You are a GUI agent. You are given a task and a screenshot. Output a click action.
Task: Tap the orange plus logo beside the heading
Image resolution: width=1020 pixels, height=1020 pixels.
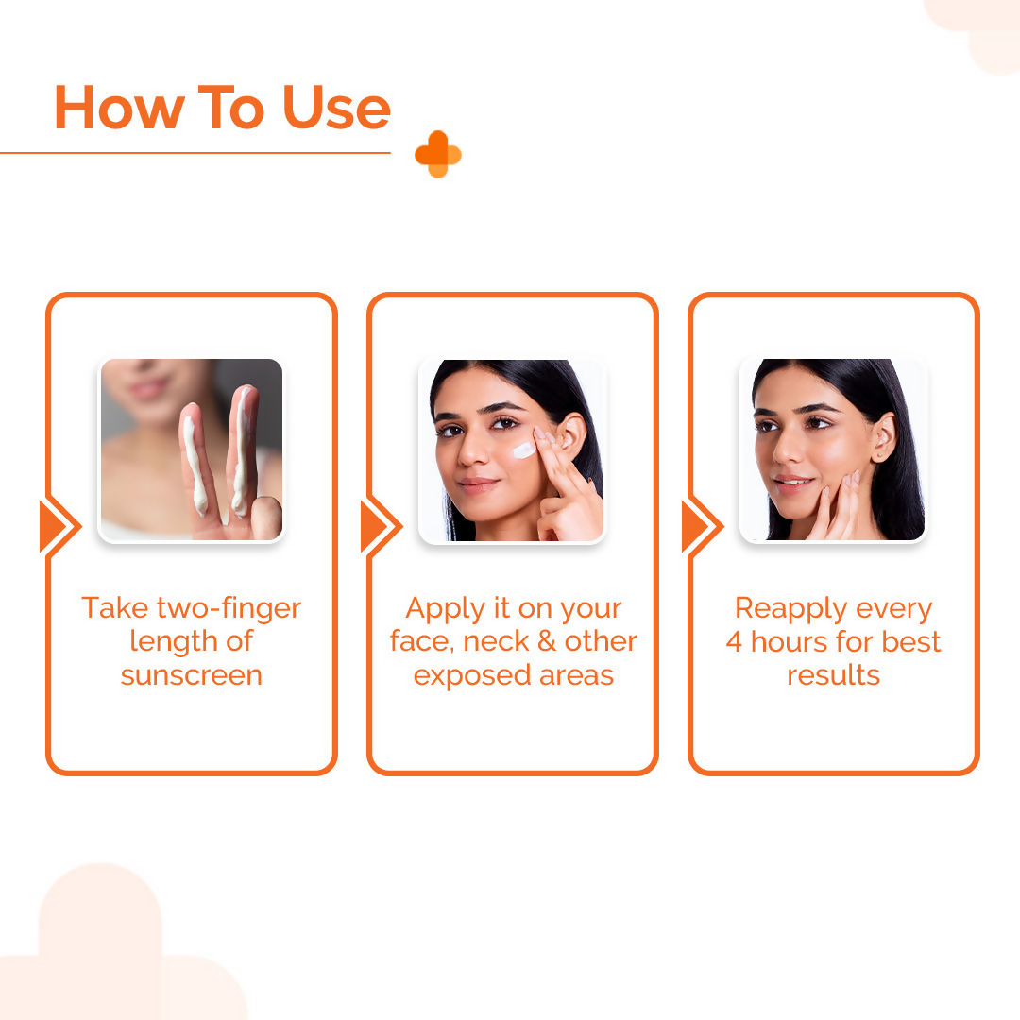point(438,154)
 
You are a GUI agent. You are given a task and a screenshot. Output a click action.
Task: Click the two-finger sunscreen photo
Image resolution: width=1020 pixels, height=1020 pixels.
point(192,450)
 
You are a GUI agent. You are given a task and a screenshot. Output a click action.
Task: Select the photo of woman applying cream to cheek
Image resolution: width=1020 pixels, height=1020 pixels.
point(512,450)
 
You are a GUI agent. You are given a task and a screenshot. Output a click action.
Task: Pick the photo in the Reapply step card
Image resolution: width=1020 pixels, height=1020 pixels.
point(833,450)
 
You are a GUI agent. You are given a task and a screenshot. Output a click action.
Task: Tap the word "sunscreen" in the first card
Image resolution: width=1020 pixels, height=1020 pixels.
point(192,675)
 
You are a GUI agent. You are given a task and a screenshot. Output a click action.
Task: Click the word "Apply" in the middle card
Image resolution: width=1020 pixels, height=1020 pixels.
point(444,608)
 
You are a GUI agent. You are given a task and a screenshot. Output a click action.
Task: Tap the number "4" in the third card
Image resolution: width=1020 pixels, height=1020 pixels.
point(734,642)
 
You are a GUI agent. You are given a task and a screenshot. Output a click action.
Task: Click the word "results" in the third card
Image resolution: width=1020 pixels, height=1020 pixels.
point(833,675)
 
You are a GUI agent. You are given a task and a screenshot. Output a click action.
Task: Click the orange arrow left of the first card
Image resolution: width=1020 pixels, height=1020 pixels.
point(58,526)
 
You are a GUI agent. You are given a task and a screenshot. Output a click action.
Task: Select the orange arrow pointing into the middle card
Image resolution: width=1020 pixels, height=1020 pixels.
point(379,526)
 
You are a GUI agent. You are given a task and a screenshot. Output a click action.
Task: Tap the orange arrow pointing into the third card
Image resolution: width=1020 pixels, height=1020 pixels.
point(700,526)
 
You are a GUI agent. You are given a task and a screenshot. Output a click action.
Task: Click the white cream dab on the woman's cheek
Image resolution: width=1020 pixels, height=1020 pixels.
point(524,450)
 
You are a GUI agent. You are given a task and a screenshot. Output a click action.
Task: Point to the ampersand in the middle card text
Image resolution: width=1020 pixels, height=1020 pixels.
point(546,642)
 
